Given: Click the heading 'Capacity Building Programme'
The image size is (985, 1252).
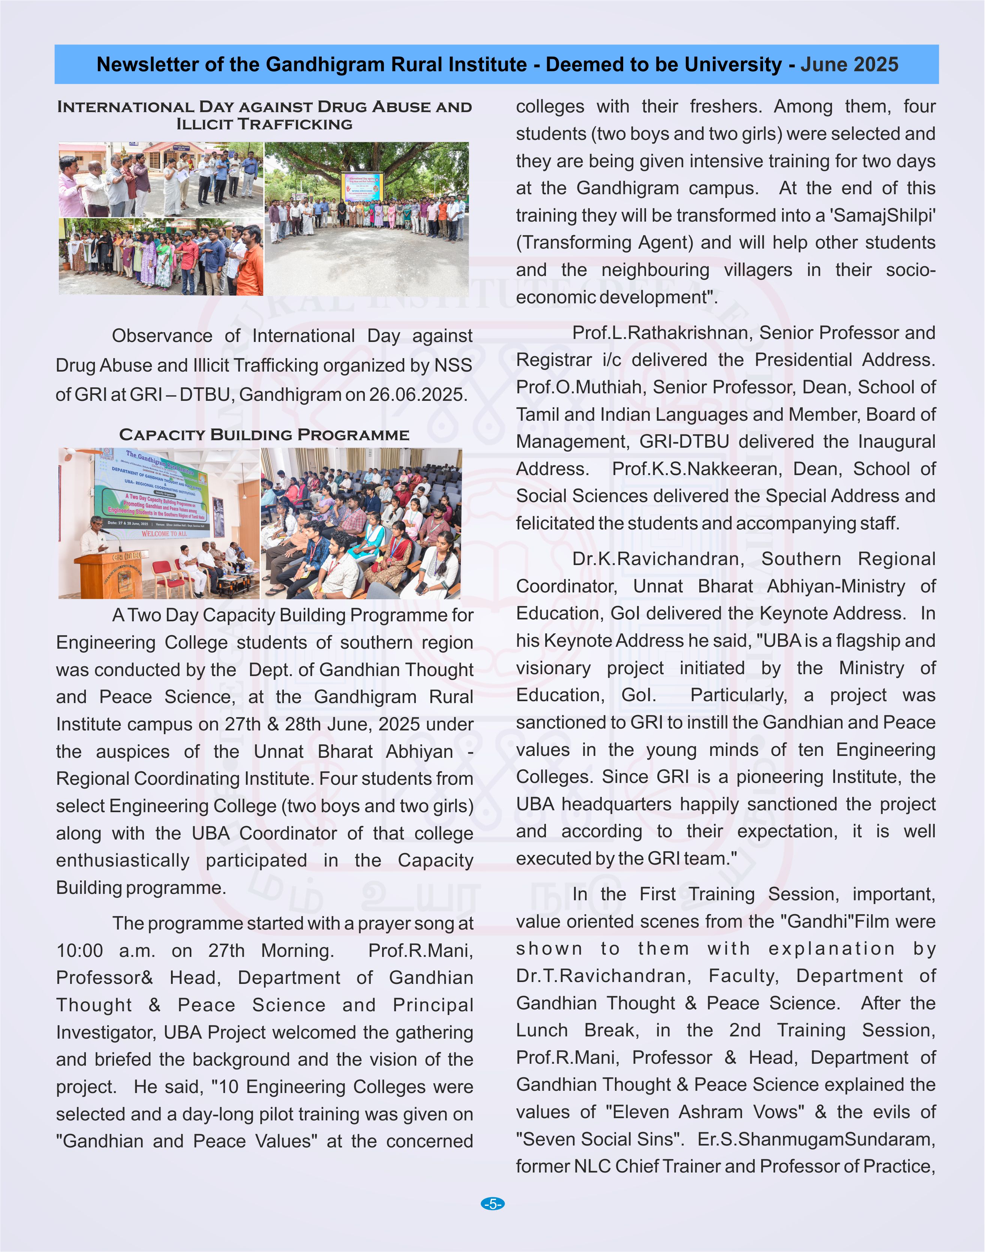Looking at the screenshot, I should (x=264, y=435).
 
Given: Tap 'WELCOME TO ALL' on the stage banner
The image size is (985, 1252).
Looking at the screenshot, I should (x=164, y=534).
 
